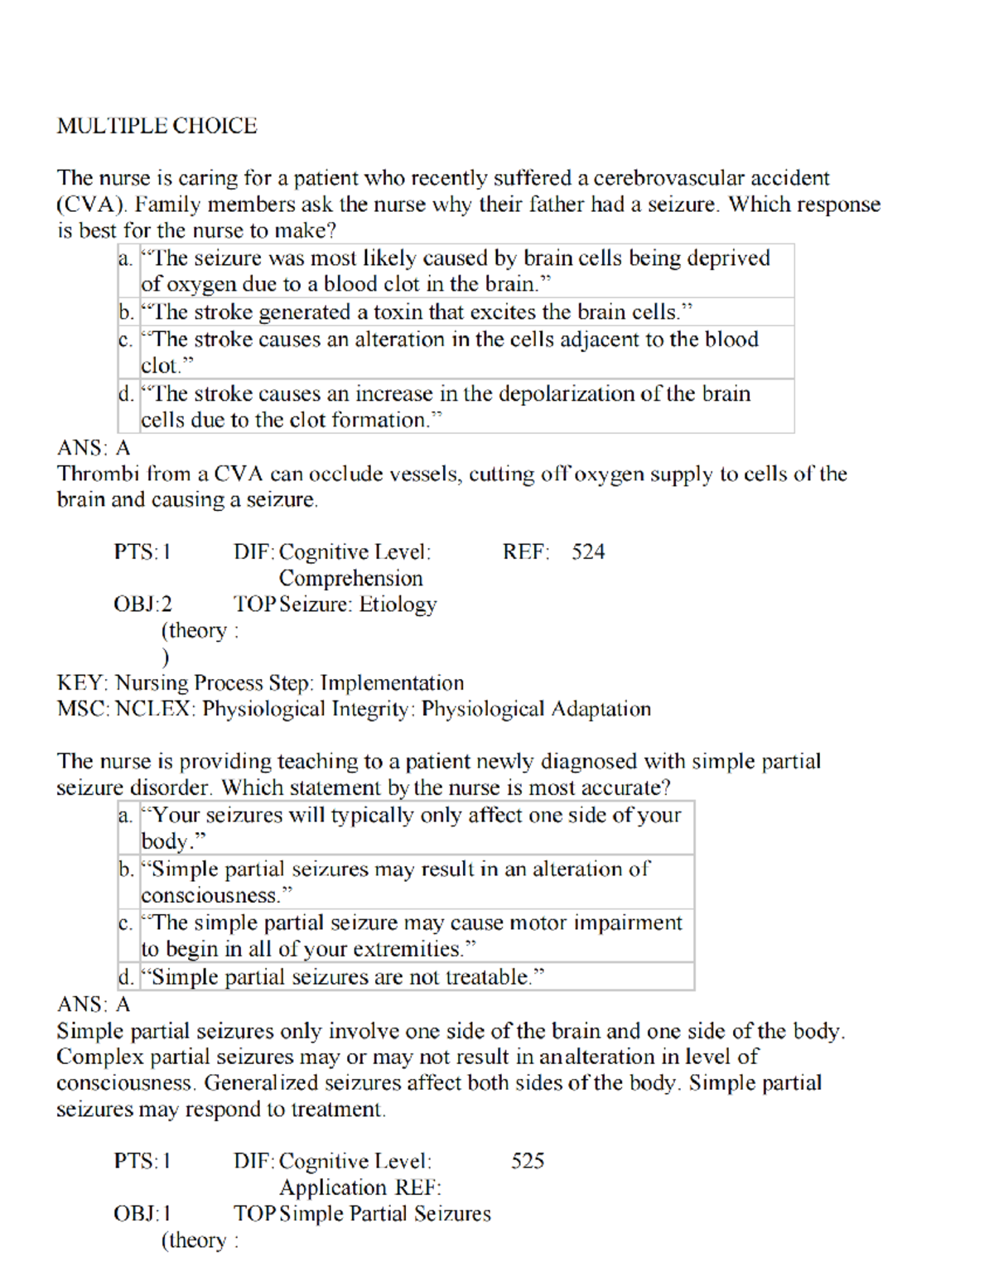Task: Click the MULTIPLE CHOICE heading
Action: point(157,126)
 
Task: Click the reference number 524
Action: point(587,551)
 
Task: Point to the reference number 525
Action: point(528,1161)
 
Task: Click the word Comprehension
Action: point(350,578)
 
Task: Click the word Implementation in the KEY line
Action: point(392,683)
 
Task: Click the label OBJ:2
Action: point(142,604)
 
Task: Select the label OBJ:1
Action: point(142,1214)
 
